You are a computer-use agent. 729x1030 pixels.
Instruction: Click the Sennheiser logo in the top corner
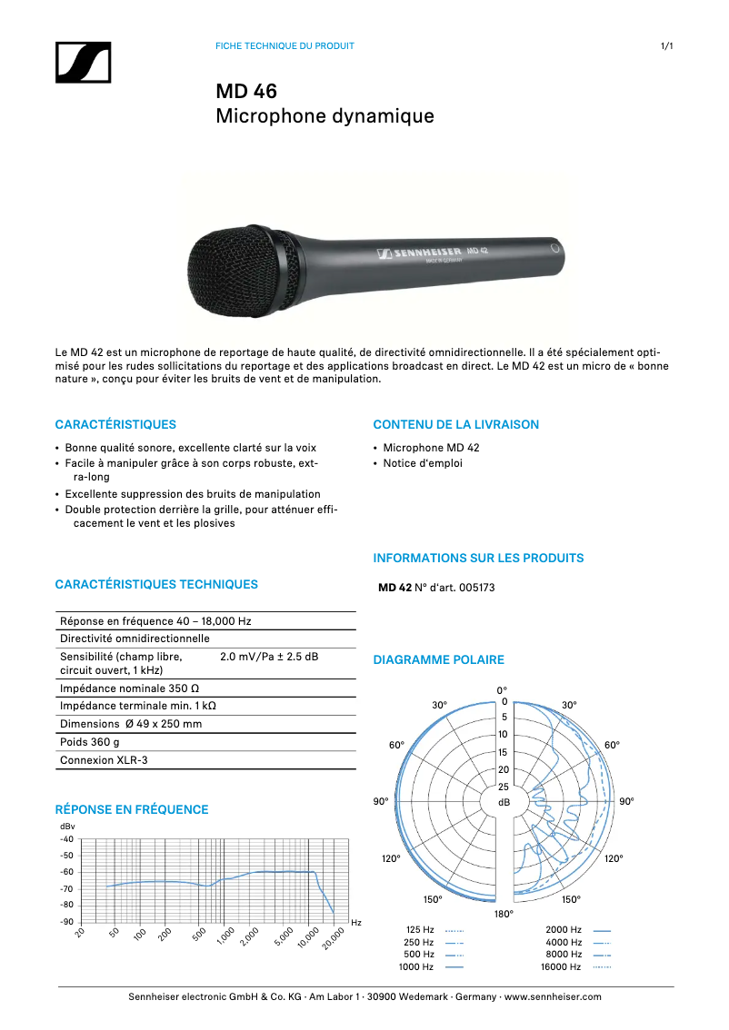click(83, 63)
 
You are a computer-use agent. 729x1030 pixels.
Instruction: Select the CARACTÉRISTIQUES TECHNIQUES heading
click(156, 585)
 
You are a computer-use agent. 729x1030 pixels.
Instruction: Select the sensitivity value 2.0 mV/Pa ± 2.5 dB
click(269, 656)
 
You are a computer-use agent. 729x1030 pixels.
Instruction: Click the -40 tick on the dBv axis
click(66, 839)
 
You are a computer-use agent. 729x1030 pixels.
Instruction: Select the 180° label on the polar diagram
click(504, 913)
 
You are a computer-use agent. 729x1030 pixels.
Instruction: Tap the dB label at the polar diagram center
click(504, 803)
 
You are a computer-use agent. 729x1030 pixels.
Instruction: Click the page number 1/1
click(666, 45)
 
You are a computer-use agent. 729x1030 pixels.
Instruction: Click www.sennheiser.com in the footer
click(553, 996)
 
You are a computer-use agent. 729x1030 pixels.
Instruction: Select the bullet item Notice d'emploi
click(423, 463)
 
